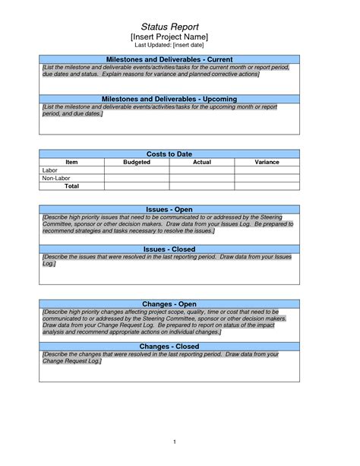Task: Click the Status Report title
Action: (169, 26)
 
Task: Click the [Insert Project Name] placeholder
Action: (169, 36)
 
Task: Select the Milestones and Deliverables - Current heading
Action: (169, 59)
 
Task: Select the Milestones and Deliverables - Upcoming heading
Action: (169, 99)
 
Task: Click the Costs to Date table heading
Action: (169, 154)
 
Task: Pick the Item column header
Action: (71, 162)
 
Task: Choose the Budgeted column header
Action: (137, 162)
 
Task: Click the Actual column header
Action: (201, 162)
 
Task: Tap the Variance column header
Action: (267, 162)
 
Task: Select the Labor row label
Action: (50, 170)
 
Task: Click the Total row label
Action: (71, 185)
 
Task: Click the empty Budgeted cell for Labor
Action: (137, 170)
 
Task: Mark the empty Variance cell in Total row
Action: (267, 185)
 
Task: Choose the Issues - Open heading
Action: (169, 208)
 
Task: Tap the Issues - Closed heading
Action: (169, 248)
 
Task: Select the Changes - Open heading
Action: (169, 304)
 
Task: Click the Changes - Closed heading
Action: (169, 346)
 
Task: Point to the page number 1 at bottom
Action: (174, 442)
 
